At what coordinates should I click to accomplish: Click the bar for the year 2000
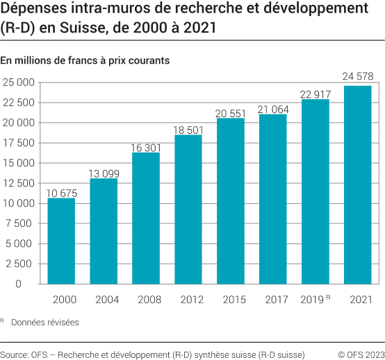pos(61,241)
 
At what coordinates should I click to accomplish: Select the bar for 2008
pos(146,218)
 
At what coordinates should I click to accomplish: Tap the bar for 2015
pos(231,200)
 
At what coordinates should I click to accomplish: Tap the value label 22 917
pos(315,94)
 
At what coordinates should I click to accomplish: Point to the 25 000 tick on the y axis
pos(18,83)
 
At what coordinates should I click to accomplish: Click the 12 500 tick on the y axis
pos(18,183)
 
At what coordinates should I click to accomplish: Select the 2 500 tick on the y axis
pos(22,264)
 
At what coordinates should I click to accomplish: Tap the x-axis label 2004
pos(104,300)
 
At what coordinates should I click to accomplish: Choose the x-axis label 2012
pos(188,300)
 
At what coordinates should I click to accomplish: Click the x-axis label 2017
pos(273,300)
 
